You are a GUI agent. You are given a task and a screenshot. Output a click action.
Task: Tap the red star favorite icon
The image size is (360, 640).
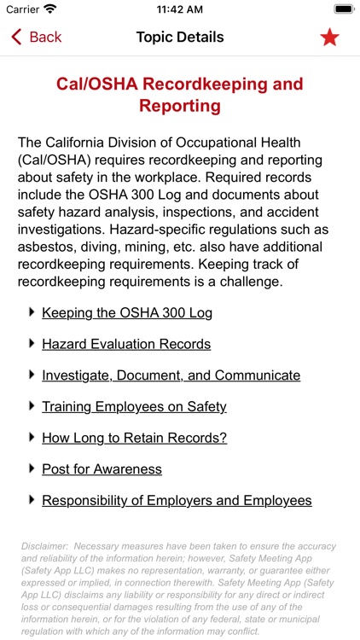(x=329, y=37)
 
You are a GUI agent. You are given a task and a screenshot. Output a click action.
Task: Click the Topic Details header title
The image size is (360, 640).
(x=180, y=37)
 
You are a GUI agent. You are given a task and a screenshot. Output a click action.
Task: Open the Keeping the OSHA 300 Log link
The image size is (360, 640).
(x=127, y=312)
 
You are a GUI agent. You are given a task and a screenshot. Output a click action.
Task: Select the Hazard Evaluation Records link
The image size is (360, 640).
(x=126, y=344)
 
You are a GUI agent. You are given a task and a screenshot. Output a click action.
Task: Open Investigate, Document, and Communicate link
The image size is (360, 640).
(x=171, y=375)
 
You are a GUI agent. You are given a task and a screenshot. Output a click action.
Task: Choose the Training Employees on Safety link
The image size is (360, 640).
(x=134, y=406)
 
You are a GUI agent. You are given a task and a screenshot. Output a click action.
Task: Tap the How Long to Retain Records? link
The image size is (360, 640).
(x=134, y=438)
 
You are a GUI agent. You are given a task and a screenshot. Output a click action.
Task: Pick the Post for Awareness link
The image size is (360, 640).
(x=102, y=469)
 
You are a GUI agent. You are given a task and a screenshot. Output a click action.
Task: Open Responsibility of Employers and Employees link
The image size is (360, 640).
(x=177, y=501)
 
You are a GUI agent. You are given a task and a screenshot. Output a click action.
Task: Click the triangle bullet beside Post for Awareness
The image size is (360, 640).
(x=32, y=468)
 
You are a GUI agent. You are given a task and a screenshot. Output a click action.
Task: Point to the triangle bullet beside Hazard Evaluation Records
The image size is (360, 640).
(x=32, y=343)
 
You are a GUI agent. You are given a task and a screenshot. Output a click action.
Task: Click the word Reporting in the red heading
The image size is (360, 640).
(x=180, y=107)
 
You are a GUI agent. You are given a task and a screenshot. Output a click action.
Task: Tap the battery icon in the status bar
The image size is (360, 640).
(x=344, y=9)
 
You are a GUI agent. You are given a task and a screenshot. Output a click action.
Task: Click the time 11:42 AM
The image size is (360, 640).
(x=180, y=9)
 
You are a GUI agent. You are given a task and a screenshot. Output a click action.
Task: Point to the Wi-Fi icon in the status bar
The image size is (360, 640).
(x=49, y=9)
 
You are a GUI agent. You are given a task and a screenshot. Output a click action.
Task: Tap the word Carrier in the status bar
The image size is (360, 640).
(x=22, y=9)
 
